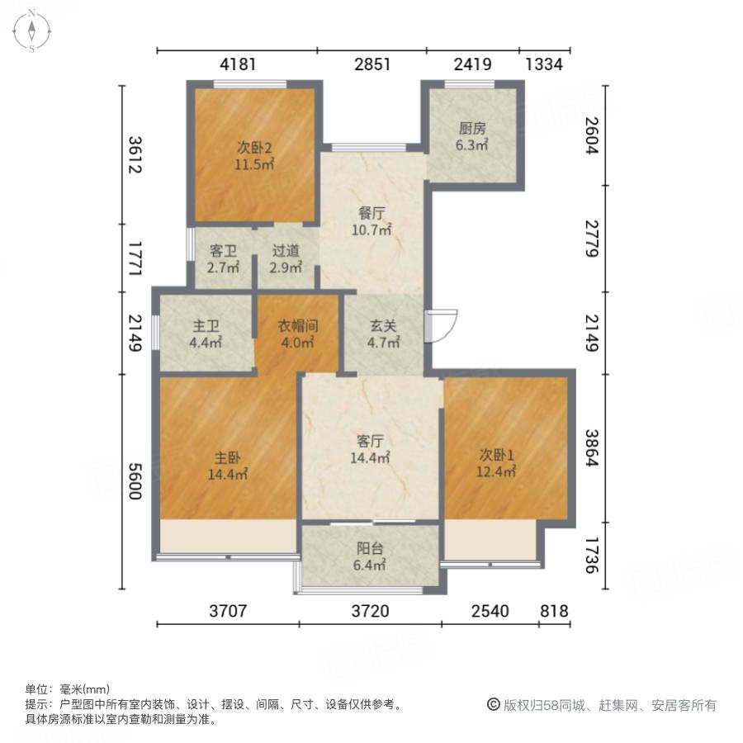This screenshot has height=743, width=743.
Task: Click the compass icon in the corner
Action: pos(31,31)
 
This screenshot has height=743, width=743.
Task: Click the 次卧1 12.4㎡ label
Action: pos(497,462)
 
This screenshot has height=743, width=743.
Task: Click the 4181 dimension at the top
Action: pos(237,64)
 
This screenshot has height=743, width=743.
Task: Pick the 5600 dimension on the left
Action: pos(135,480)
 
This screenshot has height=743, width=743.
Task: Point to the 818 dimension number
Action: pos(554,612)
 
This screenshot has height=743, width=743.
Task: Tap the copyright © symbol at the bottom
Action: pos(494,704)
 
